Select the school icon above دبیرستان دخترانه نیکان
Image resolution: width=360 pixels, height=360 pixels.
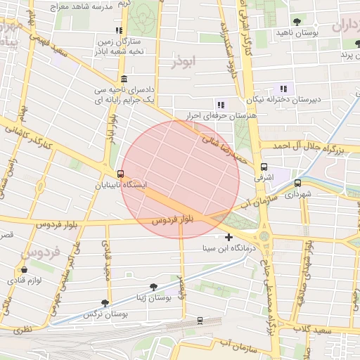pos(283,89)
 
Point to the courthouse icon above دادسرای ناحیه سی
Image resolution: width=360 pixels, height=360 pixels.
pos(124,79)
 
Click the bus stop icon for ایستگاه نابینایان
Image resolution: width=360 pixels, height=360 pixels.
pos(121,174)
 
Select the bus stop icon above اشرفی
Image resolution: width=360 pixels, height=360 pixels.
pos(264,167)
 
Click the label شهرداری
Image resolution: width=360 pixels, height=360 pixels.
pos(298,193)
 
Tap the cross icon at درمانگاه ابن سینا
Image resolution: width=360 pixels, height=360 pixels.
pos(229,237)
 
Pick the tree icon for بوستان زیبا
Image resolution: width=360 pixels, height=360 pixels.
pos(153,287)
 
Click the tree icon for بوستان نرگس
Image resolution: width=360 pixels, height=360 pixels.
pos(105,303)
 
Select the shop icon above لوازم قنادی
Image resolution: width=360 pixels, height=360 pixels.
pos(25,269)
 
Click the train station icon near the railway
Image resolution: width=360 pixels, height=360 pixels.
pos(200,321)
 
